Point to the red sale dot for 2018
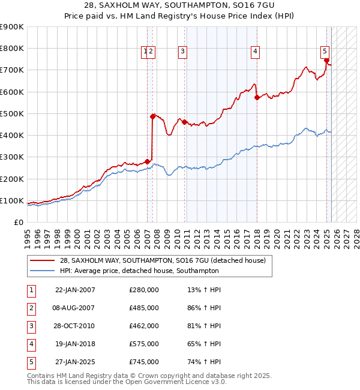[257, 97]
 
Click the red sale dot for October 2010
[184, 122]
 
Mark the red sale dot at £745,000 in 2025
[326, 60]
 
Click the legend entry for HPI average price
[139, 271]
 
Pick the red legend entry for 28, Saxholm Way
[166, 260]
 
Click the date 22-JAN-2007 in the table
[75, 290]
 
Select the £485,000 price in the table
[144, 308]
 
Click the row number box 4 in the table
[31, 344]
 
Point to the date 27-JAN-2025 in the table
[75, 362]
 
